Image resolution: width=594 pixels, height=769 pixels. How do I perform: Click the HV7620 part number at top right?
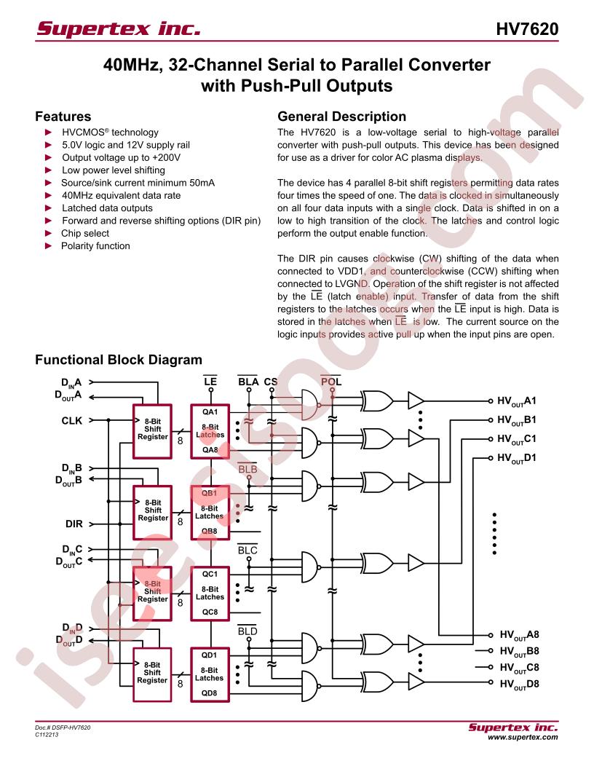click(527, 29)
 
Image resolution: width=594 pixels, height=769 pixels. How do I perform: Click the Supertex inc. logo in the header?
click(119, 28)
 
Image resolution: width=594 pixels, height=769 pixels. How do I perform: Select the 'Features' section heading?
click(63, 117)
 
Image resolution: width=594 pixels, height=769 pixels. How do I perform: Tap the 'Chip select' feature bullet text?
click(85, 234)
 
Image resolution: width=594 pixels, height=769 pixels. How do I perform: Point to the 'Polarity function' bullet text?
click(95, 246)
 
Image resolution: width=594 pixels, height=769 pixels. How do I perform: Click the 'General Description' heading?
click(341, 117)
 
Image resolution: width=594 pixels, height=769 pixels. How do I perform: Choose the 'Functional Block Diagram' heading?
click(119, 360)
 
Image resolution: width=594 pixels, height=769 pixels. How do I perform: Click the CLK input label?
click(71, 421)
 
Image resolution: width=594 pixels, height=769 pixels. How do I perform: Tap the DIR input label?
click(74, 524)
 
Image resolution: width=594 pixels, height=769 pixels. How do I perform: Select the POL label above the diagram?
click(331, 382)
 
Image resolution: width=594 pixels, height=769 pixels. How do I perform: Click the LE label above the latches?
click(210, 382)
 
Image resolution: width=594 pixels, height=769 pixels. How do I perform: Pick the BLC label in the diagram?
click(247, 551)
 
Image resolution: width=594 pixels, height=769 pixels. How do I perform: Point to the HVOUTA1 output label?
click(517, 401)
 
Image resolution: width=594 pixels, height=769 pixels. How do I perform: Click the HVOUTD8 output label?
click(519, 684)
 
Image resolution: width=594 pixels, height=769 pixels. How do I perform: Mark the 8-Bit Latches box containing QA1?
click(210, 432)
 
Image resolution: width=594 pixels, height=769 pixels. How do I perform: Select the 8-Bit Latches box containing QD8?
click(210, 675)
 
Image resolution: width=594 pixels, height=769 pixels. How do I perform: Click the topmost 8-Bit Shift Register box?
click(152, 432)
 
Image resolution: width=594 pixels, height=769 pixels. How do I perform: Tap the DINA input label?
click(71, 383)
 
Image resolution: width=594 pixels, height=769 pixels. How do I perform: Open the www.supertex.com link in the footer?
click(523, 737)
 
